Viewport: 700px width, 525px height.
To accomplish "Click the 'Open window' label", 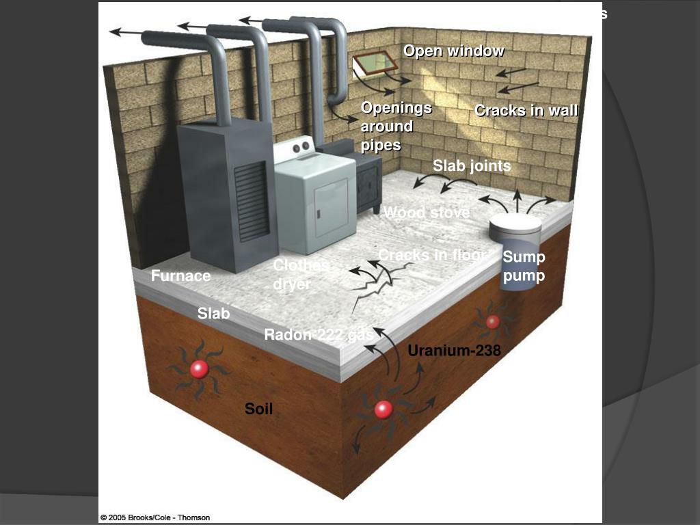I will point(453,51).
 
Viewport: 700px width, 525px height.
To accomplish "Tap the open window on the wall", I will point(375,63).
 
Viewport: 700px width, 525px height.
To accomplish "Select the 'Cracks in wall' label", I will point(526,111).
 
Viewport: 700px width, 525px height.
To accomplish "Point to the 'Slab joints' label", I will point(472,166).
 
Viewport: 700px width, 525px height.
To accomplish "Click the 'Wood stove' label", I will point(427,213).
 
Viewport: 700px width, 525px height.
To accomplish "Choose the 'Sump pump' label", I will point(524,267).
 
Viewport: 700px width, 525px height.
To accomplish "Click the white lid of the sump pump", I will point(516,222).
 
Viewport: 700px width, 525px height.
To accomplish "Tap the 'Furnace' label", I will point(180,276).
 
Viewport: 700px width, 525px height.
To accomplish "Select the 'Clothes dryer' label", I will point(301,275).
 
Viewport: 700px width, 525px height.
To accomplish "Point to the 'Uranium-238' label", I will point(454,351).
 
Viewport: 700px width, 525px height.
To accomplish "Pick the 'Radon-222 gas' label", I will point(319,335).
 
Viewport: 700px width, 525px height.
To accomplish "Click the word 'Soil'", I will point(258,409).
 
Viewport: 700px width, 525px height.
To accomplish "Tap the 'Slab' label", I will point(213,314).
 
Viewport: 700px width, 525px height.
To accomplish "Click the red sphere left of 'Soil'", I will point(199,369).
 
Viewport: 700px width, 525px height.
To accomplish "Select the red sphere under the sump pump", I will point(492,322).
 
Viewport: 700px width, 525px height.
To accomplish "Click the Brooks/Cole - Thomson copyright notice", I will point(155,517).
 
